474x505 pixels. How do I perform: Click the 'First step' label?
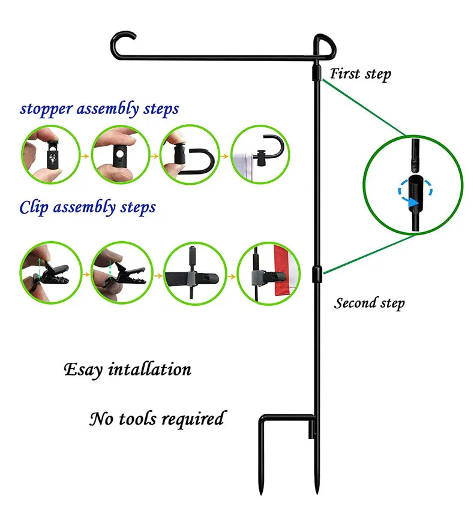click(361, 74)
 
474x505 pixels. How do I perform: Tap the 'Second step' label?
click(369, 303)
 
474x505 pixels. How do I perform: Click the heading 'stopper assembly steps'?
click(99, 109)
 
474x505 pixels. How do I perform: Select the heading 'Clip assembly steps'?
click(88, 208)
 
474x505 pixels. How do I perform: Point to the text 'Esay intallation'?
click(127, 369)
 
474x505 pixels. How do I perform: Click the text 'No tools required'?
click(157, 418)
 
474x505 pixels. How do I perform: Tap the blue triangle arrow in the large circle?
click(413, 203)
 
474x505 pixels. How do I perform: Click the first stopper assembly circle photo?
click(50, 157)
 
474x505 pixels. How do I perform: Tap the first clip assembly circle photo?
click(50, 273)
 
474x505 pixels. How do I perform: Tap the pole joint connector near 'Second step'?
click(316, 273)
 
